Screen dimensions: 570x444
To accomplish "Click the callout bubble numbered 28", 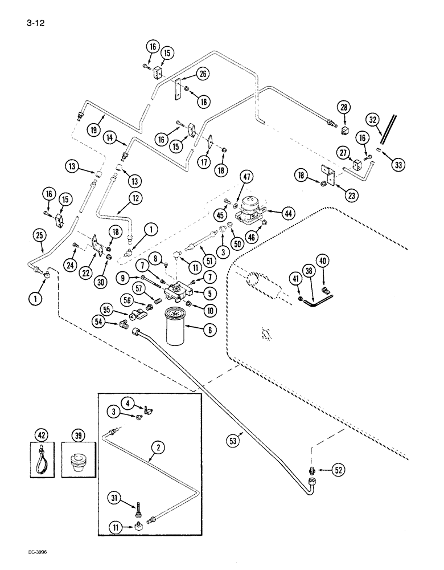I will click(344, 107).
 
